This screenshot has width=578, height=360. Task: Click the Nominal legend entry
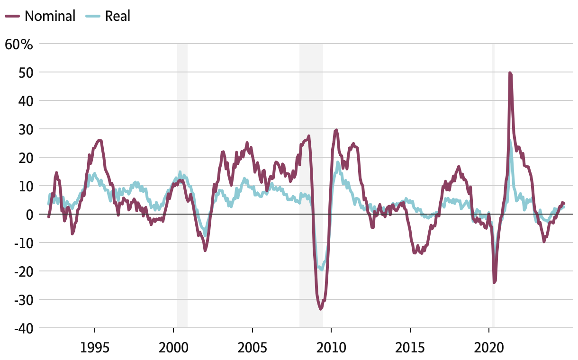tap(40, 16)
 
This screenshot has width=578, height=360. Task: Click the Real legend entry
tap(108, 16)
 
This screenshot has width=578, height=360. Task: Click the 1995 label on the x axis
tap(95, 348)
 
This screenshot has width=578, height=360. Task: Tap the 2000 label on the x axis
tap(173, 348)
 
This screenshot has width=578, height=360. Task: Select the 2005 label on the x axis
tap(253, 348)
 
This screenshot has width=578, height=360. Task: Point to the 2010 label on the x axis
tap(331, 348)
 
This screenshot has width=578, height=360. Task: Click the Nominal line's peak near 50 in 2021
tap(510, 73)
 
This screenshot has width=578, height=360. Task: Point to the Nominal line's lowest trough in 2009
tap(321, 309)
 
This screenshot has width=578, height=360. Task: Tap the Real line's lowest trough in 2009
tap(322, 269)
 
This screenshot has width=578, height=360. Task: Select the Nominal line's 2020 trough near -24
tap(494, 282)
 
